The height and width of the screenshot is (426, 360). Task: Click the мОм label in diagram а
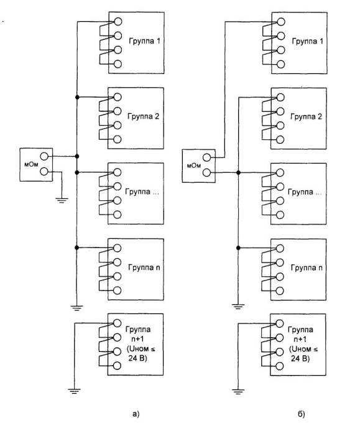(32, 164)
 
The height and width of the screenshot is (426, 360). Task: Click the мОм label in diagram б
(194, 165)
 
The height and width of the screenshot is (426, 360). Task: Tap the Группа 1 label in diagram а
(144, 41)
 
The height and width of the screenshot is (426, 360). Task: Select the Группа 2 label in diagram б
(306, 116)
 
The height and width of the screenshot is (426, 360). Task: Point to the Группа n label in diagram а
(144, 267)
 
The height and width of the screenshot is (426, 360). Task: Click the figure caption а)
(136, 414)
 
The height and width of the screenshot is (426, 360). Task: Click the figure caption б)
(302, 414)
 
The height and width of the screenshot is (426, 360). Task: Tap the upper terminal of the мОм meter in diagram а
(44, 156)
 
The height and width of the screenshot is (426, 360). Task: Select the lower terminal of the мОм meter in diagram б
(206, 172)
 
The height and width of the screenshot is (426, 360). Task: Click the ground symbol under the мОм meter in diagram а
(62, 200)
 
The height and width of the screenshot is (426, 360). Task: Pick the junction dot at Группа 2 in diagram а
(77, 97)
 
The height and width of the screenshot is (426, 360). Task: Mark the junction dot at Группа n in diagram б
(238, 248)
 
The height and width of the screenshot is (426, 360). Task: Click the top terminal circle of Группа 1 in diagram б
(280, 22)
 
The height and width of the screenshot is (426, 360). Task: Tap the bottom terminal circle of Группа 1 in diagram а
(118, 64)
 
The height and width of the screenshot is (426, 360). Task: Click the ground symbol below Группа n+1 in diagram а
(74, 391)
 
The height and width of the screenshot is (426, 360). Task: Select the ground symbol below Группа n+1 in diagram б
(238, 392)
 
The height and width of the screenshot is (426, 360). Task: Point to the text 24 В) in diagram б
(300, 359)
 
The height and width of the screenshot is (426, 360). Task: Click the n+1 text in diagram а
(137, 339)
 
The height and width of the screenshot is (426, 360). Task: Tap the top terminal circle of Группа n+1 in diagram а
(117, 323)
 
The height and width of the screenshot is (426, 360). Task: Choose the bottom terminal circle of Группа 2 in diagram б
(280, 140)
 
